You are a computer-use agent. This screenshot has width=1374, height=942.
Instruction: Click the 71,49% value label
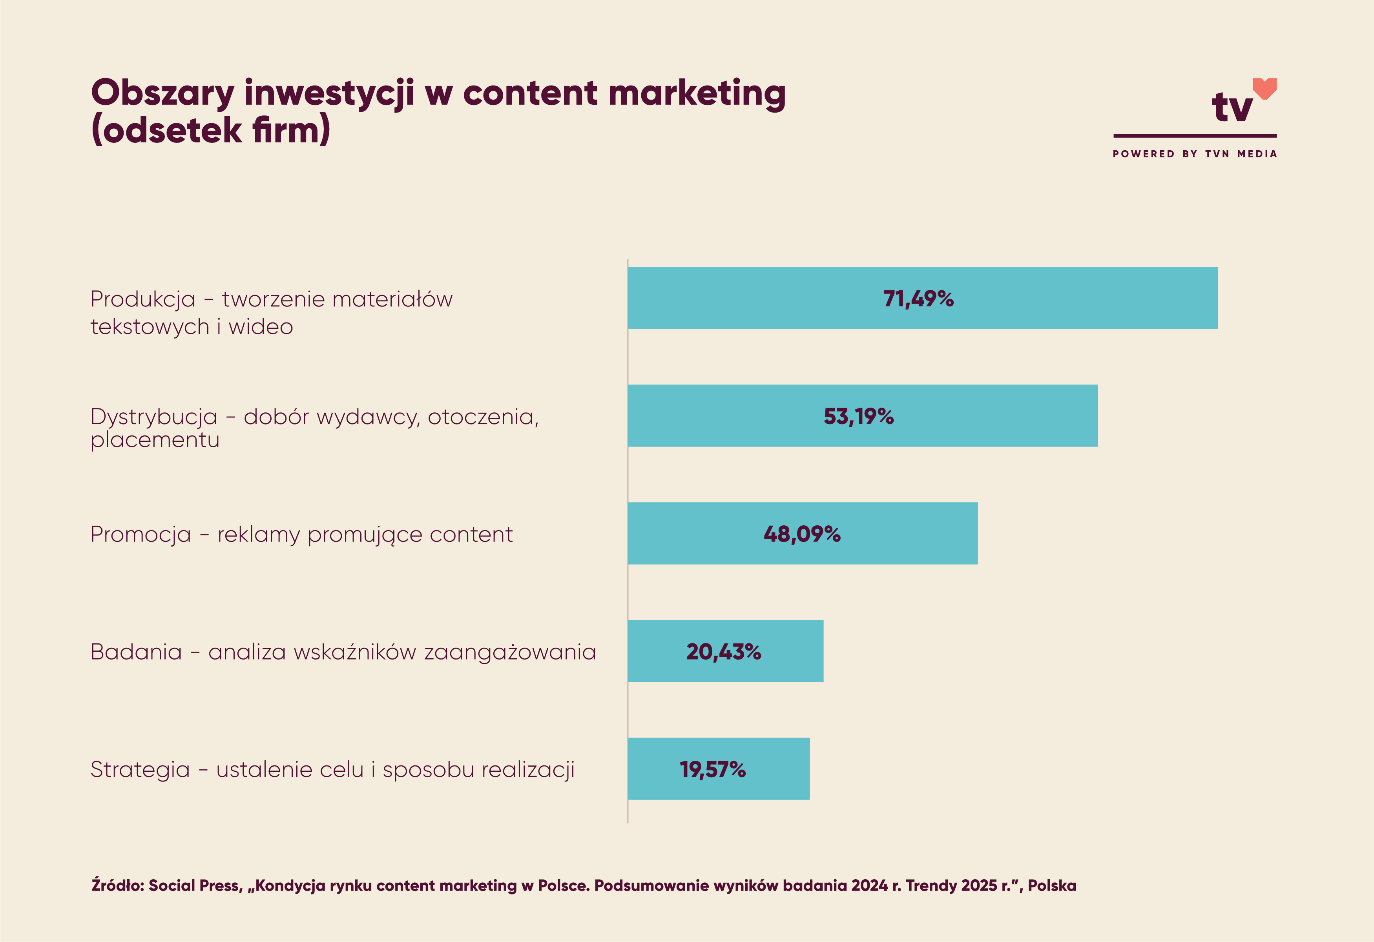coord(918,299)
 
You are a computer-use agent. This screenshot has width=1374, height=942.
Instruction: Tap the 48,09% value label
coord(802,534)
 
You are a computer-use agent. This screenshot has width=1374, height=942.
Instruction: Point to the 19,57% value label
coord(712,769)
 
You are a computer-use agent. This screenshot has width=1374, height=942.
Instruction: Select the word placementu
coord(155,440)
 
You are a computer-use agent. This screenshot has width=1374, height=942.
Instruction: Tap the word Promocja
coord(141,534)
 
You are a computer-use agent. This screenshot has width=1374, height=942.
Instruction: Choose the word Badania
coord(136,652)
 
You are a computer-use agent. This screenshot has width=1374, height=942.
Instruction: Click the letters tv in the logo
coord(1232,108)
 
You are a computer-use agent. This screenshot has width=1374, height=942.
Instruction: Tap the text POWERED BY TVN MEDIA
coord(1194,154)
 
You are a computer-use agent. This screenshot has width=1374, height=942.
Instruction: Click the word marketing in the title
coord(697,93)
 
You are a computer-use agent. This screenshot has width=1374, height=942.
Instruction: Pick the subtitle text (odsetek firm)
coord(210,130)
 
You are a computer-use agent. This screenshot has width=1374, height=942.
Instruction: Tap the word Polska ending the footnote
coord(1052,885)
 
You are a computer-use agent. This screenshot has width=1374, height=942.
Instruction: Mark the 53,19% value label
coord(858,416)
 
